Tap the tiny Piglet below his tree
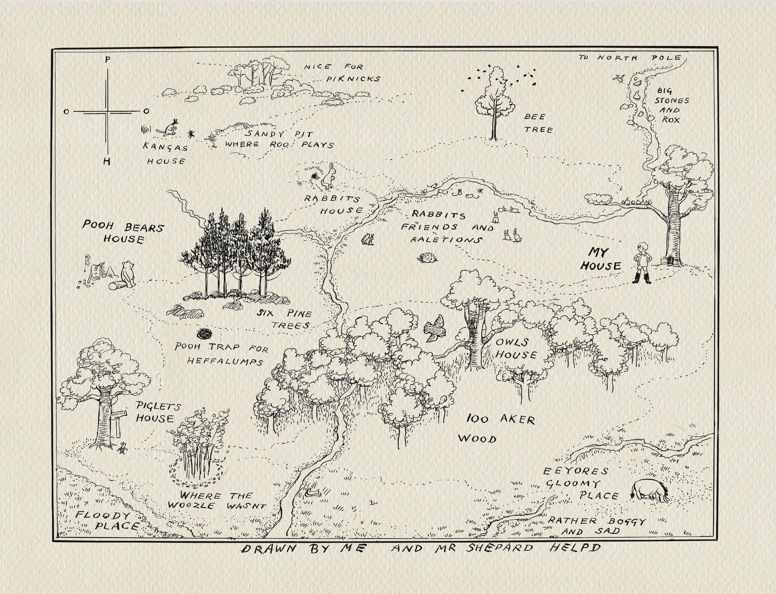(123, 448)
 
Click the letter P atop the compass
(107, 60)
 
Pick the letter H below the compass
(106, 161)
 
